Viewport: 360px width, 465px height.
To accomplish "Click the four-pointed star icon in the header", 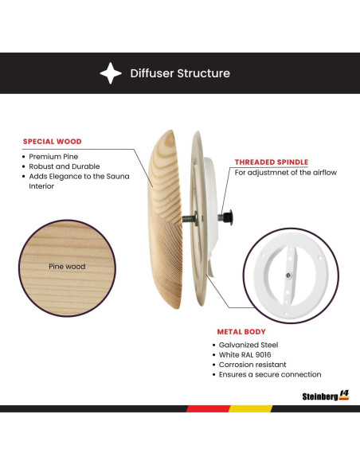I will coord(111,73).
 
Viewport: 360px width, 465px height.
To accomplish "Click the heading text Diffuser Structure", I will coord(180,73).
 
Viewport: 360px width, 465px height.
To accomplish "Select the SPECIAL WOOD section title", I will coord(52,142).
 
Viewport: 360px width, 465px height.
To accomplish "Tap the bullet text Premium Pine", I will coord(52,157).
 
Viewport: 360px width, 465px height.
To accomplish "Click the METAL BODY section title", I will coord(243,330).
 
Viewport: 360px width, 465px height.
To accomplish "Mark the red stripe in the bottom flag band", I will coord(208,408).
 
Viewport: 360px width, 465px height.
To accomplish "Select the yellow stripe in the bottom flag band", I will coord(251,408).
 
